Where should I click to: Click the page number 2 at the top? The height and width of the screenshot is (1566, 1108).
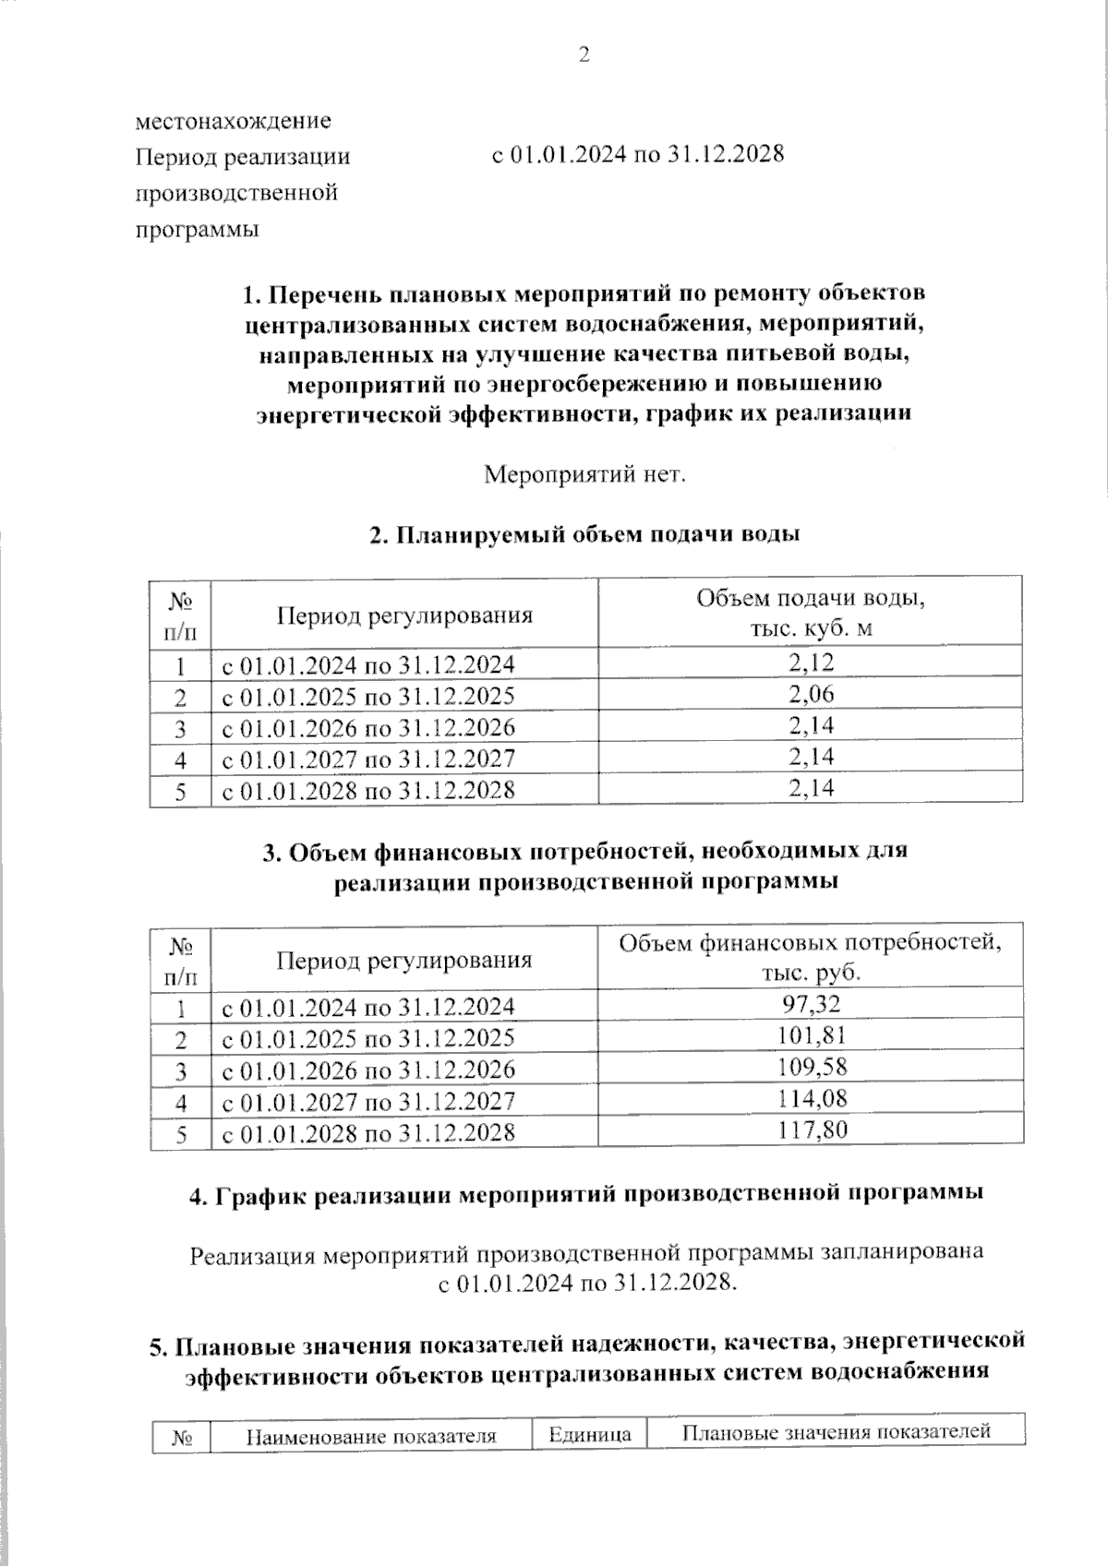[584, 55]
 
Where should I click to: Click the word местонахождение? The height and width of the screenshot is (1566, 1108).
[233, 120]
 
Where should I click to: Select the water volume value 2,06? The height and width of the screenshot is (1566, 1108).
[811, 694]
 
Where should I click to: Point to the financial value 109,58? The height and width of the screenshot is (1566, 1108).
[811, 1068]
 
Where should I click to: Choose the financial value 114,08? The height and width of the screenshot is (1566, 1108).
[811, 1099]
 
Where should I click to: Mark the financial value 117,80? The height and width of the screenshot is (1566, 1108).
[811, 1130]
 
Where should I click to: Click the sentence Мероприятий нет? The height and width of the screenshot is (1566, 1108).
[585, 475]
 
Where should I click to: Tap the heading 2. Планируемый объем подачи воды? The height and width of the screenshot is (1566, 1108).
[584, 535]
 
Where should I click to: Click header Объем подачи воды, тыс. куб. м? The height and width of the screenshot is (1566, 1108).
[811, 613]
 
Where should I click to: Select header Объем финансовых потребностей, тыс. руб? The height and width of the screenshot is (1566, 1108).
[811, 958]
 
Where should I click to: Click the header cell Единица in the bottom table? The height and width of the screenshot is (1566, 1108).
[589, 1434]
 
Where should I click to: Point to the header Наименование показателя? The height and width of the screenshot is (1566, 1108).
[370, 1436]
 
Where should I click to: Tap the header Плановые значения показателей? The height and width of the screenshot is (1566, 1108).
[836, 1432]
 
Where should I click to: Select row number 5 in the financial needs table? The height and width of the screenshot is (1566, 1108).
[181, 1134]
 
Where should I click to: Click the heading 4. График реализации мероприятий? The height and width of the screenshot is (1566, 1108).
[585, 1194]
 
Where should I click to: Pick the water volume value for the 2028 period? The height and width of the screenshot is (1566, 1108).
[811, 788]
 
